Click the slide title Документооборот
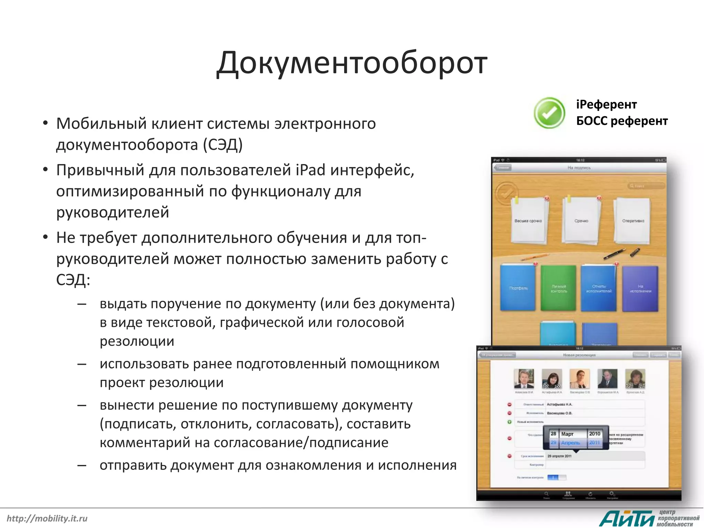pyautogui.click(x=352, y=63)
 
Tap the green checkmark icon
pyautogui.click(x=549, y=113)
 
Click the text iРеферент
pyautogui.click(x=606, y=104)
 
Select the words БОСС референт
pyautogui.click(x=622, y=121)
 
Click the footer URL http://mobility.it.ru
pyautogui.click(x=47, y=518)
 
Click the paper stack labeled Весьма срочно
pyautogui.click(x=528, y=221)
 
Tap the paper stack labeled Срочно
pyautogui.click(x=581, y=221)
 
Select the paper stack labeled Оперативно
pyautogui.click(x=633, y=221)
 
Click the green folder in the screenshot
pyautogui.click(x=558, y=288)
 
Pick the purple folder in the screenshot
pyautogui.click(x=640, y=288)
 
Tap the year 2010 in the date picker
pyautogui.click(x=594, y=434)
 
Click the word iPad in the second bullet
pyautogui.click(x=310, y=170)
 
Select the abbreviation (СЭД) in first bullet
pyautogui.click(x=223, y=145)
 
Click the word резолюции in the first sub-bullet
pyautogui.click(x=137, y=341)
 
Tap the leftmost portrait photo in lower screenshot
pyautogui.click(x=524, y=379)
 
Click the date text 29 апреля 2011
pyautogui.click(x=559, y=456)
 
